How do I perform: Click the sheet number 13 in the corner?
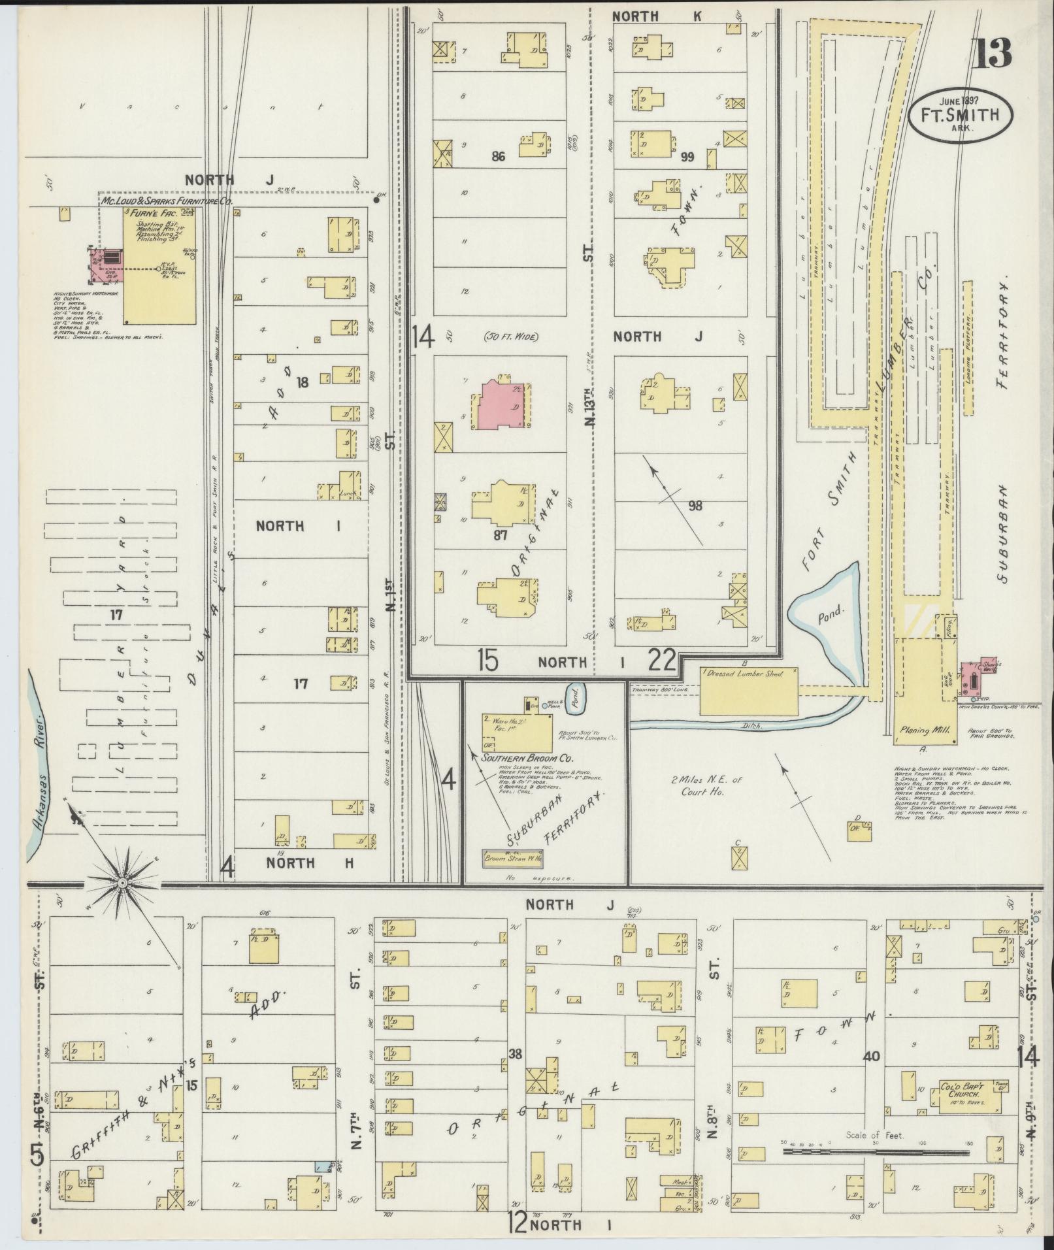pyautogui.click(x=992, y=54)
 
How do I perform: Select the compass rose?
pyautogui.click(x=122, y=883)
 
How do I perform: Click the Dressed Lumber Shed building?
pyautogui.click(x=750, y=691)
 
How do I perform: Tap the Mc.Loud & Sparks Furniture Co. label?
pyautogui.click(x=167, y=202)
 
